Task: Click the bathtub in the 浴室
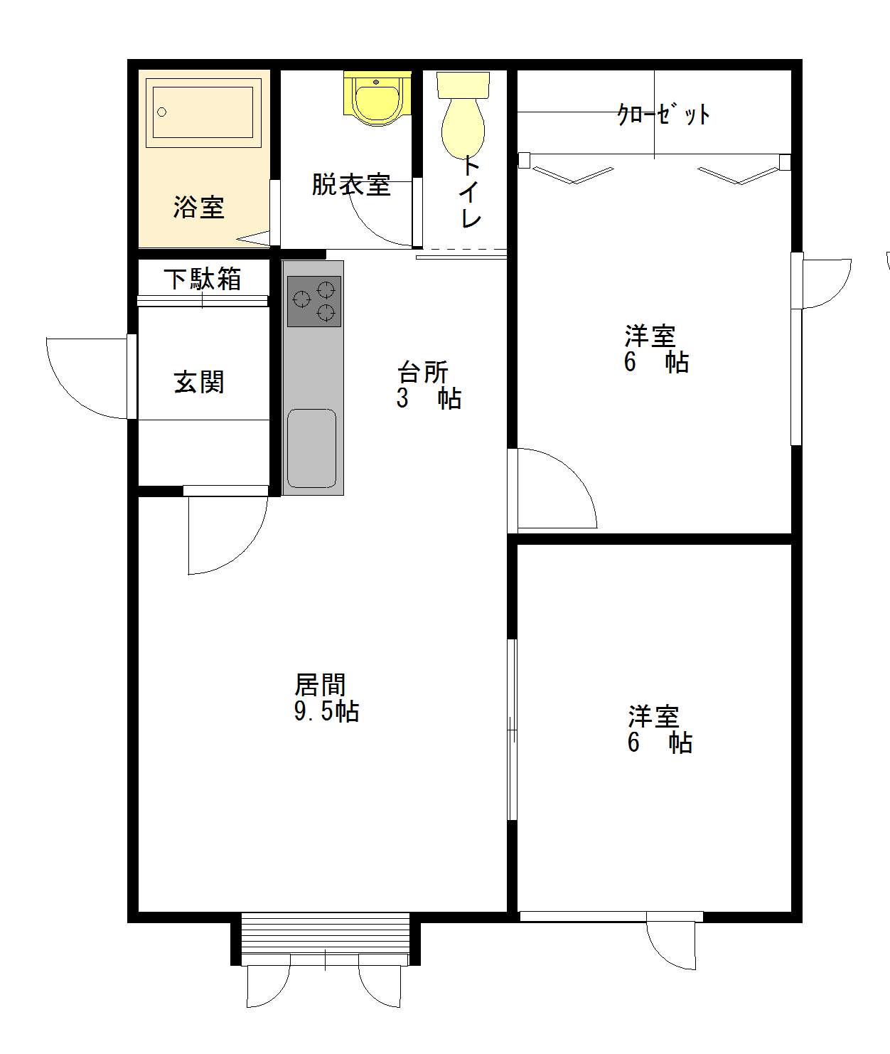(203, 112)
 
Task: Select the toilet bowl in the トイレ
(463, 129)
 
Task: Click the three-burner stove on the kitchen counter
(313, 301)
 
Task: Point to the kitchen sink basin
(312, 448)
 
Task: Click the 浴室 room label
(198, 207)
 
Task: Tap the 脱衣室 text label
(351, 185)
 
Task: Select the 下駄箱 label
(203, 279)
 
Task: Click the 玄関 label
(199, 383)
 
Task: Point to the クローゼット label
(663, 115)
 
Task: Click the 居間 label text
(321, 685)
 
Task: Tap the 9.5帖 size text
(326, 711)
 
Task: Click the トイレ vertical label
(470, 192)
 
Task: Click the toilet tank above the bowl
(463, 85)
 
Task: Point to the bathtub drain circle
(162, 112)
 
